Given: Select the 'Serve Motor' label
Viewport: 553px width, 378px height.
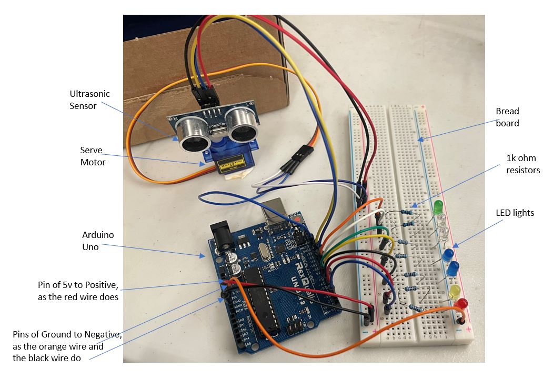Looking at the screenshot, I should coord(93,156).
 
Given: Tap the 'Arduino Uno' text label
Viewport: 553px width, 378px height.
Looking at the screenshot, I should coord(97,241).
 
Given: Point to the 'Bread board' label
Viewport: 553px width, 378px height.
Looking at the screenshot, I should coord(507,117).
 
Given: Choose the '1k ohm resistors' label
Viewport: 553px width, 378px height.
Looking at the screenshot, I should coord(518,164).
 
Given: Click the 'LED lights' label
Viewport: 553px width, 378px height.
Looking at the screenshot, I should coord(515,213).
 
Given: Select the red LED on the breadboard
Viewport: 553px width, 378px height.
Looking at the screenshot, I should coord(461,304).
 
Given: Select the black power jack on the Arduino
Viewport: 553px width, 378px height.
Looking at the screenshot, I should coord(221,234).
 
